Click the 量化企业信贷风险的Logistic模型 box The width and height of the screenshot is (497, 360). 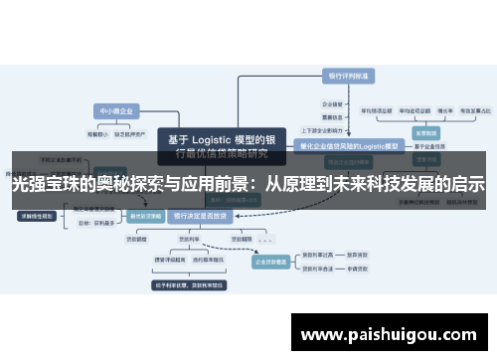pos(347,145)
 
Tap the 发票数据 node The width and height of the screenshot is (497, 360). pos(426,131)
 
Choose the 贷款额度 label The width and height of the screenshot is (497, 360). pos(131,238)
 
